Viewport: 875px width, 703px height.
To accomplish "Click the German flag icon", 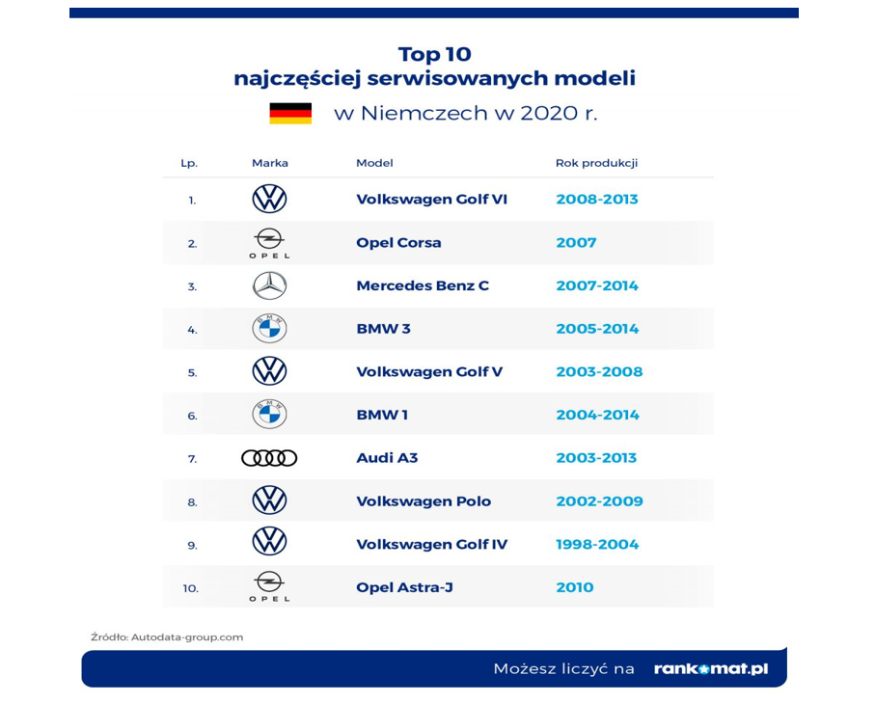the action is (x=290, y=113).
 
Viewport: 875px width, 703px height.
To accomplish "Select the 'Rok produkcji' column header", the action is (x=596, y=163).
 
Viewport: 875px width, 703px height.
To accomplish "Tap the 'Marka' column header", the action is (x=269, y=163).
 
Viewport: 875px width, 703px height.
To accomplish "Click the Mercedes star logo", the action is (x=269, y=285).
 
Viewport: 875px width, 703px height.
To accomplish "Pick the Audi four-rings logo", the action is (x=269, y=458).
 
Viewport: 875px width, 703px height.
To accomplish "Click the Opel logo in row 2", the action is (x=269, y=243).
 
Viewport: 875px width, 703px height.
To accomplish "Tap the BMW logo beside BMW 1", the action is (x=269, y=415).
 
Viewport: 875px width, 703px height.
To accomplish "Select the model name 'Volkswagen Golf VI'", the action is (x=431, y=200).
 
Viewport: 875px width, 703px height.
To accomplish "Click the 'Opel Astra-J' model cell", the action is (x=404, y=587).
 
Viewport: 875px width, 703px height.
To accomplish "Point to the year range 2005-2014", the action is (x=597, y=329).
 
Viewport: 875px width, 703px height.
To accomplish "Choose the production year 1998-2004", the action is (x=597, y=545).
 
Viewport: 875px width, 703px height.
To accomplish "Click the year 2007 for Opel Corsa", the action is (x=576, y=243).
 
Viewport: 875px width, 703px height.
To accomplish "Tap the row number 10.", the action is (x=190, y=588).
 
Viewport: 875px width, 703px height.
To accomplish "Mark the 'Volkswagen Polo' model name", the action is (x=424, y=501).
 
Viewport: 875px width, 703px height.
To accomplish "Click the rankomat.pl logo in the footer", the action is (x=710, y=668).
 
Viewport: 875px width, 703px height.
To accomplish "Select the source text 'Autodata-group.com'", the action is (x=187, y=637).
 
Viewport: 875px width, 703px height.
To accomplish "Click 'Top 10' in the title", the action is (x=435, y=54).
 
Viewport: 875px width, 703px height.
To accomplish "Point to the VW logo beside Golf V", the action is (x=269, y=371).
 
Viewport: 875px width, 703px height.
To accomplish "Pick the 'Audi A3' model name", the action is (x=387, y=458).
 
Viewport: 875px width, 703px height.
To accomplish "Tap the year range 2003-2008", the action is (x=599, y=371).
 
